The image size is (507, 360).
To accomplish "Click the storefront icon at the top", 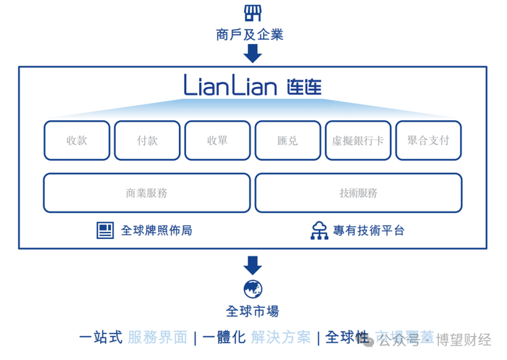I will click(252, 12).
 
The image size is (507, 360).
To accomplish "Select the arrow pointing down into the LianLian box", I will click(253, 54).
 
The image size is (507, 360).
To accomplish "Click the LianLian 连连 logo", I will click(252, 88).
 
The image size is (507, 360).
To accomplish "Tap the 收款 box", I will click(77, 141).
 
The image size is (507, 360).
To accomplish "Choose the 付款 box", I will click(147, 141).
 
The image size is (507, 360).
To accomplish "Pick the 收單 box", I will click(217, 141).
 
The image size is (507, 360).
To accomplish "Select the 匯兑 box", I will click(288, 141).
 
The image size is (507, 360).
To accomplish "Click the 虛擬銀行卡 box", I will click(358, 141).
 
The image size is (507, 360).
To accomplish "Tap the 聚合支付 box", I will click(428, 141).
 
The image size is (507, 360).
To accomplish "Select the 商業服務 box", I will click(147, 193).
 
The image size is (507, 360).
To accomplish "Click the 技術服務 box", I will click(358, 193).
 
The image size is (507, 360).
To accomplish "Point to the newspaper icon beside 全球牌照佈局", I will click(106, 230).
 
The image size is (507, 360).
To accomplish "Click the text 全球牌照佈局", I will click(156, 230).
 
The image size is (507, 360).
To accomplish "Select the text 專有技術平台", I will click(369, 230).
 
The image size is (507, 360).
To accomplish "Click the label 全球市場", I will click(253, 311).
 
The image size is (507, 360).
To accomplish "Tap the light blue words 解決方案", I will click(282, 337).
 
